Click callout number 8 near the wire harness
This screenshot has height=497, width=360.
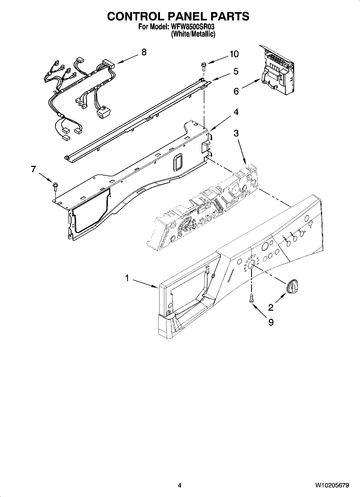(x=144, y=52)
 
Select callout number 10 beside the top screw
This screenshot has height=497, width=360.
(x=234, y=54)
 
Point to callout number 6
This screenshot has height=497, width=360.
(x=236, y=91)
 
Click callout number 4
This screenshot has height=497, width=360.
(x=236, y=112)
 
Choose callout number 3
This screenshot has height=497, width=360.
(x=236, y=133)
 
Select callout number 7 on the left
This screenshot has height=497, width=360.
(x=33, y=169)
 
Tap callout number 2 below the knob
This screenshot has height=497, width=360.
(x=271, y=307)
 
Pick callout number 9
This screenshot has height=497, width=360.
(x=271, y=322)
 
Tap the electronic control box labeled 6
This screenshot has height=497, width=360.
(x=277, y=71)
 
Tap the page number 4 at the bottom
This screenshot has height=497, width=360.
(x=180, y=485)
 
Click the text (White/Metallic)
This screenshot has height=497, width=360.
(x=193, y=34)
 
